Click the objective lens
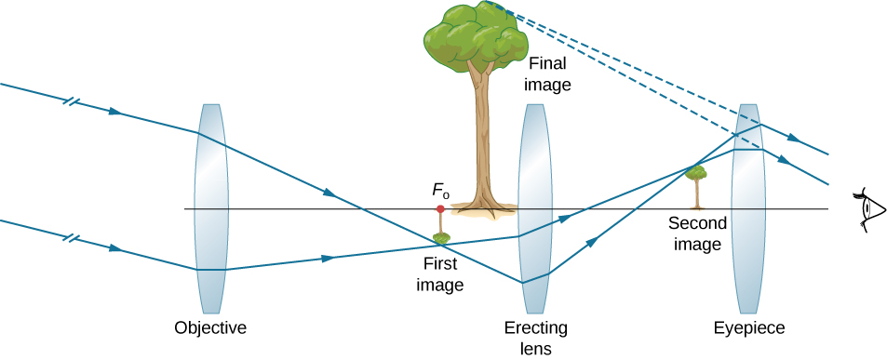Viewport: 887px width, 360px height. coord(210,208)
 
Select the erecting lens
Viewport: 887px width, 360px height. coord(535,209)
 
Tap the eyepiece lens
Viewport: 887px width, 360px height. coord(748,209)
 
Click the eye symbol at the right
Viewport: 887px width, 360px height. coord(867,209)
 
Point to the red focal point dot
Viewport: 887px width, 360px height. coord(440,209)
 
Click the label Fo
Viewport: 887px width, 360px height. coord(440,192)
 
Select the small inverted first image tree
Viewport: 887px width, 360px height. coord(441,236)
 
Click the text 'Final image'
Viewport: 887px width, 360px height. coord(547,75)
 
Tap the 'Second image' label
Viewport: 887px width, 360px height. coord(695,234)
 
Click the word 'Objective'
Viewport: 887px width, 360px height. coord(210,327)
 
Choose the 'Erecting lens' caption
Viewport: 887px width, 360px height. coord(535,339)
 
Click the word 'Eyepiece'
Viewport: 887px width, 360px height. coord(749,327)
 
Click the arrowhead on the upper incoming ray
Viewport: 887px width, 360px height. coord(114,112)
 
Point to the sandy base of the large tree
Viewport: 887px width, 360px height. coord(483,212)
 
